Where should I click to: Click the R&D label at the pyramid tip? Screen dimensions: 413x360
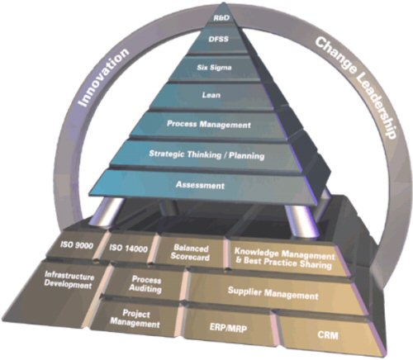pos(221,18)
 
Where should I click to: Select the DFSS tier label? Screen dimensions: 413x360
pos(218,39)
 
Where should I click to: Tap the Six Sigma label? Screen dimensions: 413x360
pos(214,67)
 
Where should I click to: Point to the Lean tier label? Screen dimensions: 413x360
pos(211,95)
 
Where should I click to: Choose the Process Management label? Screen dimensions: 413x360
pos(209,124)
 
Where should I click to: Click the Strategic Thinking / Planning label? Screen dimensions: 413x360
pos(206,154)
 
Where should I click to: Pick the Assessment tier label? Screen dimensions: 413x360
pos(200,185)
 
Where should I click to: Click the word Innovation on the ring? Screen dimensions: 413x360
pos(103,77)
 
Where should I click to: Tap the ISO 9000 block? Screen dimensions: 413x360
pos(77,245)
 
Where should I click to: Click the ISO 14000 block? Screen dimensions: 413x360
pos(128,249)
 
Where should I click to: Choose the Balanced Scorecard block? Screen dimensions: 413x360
pos(190,253)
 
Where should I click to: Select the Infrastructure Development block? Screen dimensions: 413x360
pos(69,280)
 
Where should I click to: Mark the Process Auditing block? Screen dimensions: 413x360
pos(145,284)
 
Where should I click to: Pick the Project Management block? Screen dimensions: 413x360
pos(135,319)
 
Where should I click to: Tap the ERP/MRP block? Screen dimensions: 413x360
pos(228,328)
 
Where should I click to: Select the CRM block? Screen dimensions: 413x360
pos(328,335)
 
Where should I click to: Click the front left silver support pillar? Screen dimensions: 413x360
pos(106,212)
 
